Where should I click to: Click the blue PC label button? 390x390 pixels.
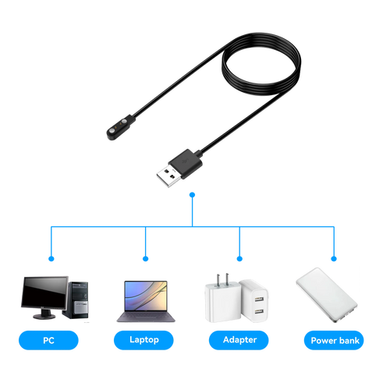(48, 340)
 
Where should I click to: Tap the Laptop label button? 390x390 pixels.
(144, 340)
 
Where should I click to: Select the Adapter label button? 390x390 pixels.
(239, 340)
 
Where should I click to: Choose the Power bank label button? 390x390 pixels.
(334, 340)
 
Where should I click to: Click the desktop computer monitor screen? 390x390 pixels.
(44, 292)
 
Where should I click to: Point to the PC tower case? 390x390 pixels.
(76, 300)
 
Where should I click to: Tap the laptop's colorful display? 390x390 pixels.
(146, 296)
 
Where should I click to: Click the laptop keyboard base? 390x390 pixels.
(146, 317)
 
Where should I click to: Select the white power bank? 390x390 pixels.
(327, 295)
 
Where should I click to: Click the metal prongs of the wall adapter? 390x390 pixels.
(222, 280)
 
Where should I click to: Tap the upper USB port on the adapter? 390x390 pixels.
(259, 299)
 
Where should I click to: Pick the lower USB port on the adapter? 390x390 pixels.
(259, 310)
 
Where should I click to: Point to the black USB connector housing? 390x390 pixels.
(185, 163)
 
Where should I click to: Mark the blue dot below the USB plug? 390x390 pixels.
(192, 195)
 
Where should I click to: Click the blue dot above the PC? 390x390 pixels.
(51, 259)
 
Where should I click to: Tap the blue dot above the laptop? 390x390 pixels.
(146, 259)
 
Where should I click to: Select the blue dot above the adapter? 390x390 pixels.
(239, 259)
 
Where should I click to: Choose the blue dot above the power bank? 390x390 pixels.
(334, 259)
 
